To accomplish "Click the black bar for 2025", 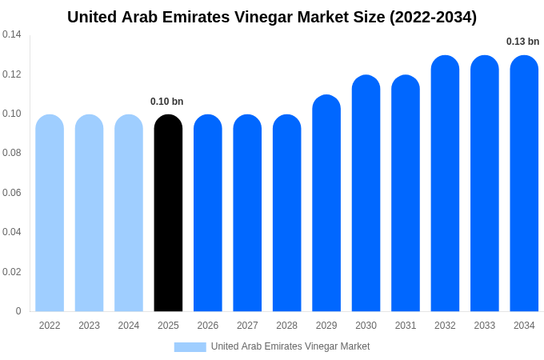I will pos(168,214).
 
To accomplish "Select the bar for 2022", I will pos(50,214).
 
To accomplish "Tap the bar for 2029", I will pos(326,204).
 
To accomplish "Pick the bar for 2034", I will pos(524,184).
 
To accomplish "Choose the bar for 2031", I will pos(406,194).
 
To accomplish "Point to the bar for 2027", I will pos(247,214).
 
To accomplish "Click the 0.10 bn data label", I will pos(167,102).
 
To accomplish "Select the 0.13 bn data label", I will pos(523,42).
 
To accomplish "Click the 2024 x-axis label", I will pos(129,326).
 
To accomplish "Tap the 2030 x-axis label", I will pos(366,326).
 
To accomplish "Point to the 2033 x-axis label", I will pos(485,326).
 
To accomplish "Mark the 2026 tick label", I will pos(208,326).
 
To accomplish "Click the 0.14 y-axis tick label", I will pos(12,34).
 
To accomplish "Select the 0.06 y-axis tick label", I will pos(12,193).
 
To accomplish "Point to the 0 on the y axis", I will pos(18,311).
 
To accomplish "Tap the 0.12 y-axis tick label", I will pos(12,74).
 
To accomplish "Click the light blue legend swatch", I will pos(190,346).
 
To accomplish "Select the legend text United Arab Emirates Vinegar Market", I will pos(290,346).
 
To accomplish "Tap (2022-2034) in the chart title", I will pos(434,17).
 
